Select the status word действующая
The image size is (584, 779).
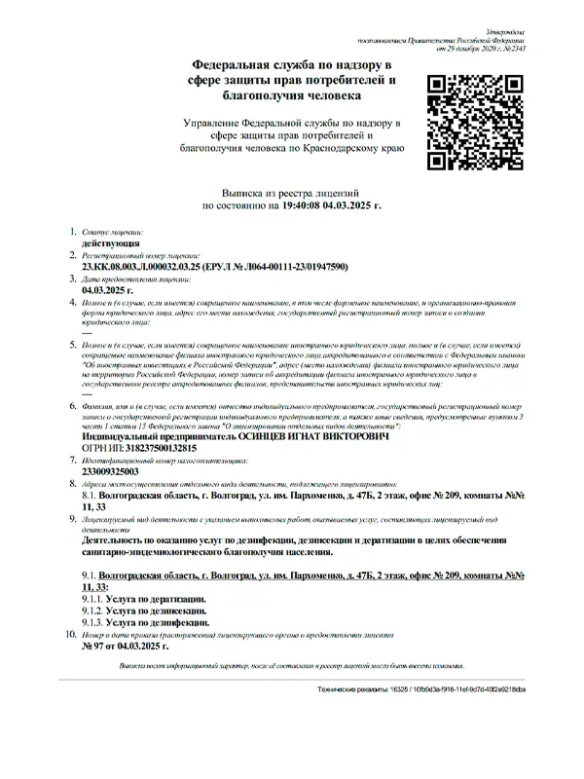[111, 246]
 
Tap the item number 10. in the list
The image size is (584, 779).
[69, 634]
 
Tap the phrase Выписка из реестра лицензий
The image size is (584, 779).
[292, 195]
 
